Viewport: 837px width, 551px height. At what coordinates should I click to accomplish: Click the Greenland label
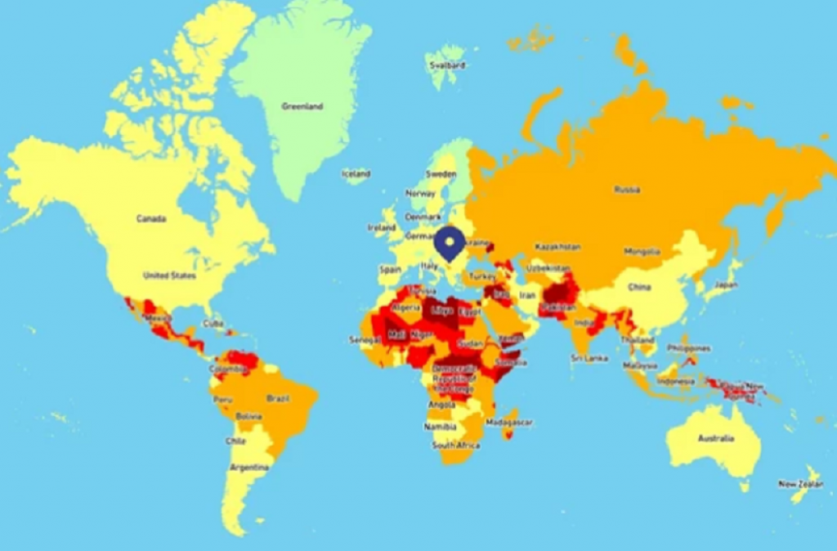point(302,106)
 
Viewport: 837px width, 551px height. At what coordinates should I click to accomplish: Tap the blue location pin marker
point(449,243)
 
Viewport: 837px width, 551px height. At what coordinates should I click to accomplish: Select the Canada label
point(151,219)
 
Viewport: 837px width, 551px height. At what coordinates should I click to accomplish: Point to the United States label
point(169,275)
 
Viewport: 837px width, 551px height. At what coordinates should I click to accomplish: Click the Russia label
point(627,190)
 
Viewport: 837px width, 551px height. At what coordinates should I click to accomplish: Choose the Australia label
point(717,438)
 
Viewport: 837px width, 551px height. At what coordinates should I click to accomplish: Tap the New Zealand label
point(799,484)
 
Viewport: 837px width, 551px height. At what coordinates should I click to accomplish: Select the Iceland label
point(356,174)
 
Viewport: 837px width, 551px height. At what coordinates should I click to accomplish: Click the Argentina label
point(249,467)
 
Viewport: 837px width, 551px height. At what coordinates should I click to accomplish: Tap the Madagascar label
point(508,423)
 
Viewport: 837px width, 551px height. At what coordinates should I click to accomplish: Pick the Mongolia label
point(642,252)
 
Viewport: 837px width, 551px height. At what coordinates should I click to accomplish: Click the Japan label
point(725,285)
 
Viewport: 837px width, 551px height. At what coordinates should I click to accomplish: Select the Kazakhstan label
point(558,246)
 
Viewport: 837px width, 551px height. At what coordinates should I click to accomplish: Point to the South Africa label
point(455,446)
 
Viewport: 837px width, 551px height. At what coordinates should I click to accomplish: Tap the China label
point(639,288)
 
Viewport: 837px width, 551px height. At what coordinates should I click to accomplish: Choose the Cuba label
point(212,323)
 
